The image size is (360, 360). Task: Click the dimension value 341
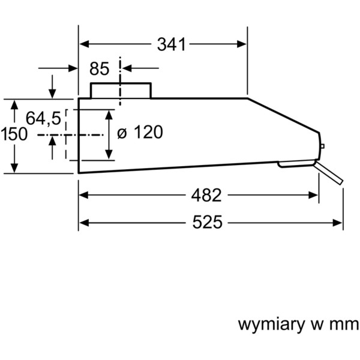(x=171, y=44)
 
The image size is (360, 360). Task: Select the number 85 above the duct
(x=99, y=68)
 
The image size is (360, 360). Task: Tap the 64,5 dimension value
(x=43, y=118)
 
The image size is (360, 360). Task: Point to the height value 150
(x=14, y=134)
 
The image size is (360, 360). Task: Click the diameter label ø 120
(x=140, y=132)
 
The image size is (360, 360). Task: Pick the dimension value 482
(x=206, y=196)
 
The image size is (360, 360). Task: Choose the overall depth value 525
(x=208, y=222)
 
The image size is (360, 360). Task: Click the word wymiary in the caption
(x=272, y=325)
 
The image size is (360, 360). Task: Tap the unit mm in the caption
(x=344, y=325)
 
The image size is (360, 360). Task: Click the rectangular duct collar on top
(x=121, y=91)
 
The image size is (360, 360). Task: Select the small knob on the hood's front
(x=322, y=146)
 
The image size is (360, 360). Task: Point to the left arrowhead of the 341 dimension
(x=84, y=44)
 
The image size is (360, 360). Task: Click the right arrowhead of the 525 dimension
(x=337, y=223)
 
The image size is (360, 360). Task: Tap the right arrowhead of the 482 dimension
(x=313, y=196)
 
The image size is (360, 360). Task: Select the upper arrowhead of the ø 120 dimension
(x=109, y=115)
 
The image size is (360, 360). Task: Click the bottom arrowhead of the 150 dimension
(x=14, y=168)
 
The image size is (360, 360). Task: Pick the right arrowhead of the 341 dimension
(x=242, y=44)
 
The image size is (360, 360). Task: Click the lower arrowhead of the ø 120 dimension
(x=109, y=154)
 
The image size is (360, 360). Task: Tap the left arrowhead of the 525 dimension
(x=84, y=223)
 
